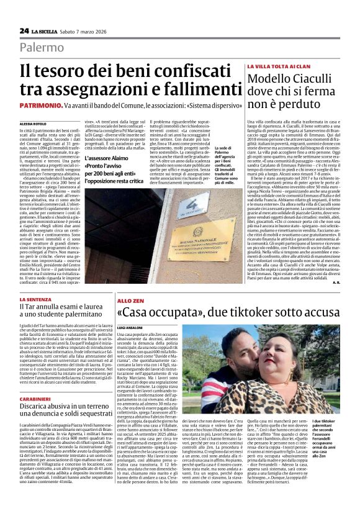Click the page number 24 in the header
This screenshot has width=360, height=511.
click(24, 30)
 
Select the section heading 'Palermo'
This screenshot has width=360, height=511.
click(42, 48)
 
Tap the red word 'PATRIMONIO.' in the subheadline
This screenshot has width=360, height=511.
click(40, 106)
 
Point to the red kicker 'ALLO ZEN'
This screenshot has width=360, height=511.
click(128, 300)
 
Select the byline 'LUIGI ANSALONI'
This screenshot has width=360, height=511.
click(132, 327)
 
